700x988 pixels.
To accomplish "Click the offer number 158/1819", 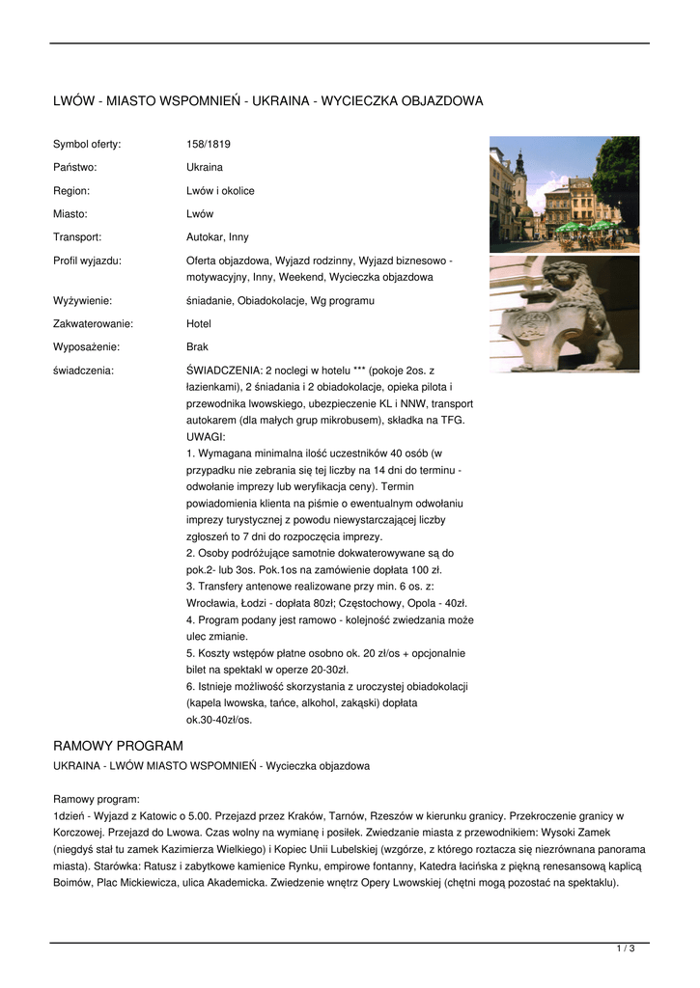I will [x=208, y=145].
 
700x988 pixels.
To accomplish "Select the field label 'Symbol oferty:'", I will [x=87, y=145].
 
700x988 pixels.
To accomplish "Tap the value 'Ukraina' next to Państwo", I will [x=204, y=168].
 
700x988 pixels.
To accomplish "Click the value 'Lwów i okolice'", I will [x=220, y=191].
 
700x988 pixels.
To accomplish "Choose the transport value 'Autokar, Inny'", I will [x=217, y=237].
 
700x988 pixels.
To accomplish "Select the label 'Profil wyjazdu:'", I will [x=87, y=261].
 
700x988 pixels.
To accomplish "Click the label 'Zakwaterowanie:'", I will [x=93, y=324].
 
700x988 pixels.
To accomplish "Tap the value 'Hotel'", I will [x=198, y=324].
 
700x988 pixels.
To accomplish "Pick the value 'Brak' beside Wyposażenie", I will [x=197, y=347].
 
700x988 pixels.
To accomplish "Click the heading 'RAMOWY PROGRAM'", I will [x=118, y=746].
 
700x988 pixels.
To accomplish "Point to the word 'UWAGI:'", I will [x=205, y=436].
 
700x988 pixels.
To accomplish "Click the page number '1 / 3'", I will [x=626, y=949].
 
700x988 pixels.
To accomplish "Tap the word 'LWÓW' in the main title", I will [x=72, y=101].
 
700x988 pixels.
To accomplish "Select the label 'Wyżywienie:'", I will [x=82, y=301].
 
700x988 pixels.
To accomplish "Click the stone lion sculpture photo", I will [x=564, y=314].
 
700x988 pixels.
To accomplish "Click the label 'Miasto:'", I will [x=70, y=214].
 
